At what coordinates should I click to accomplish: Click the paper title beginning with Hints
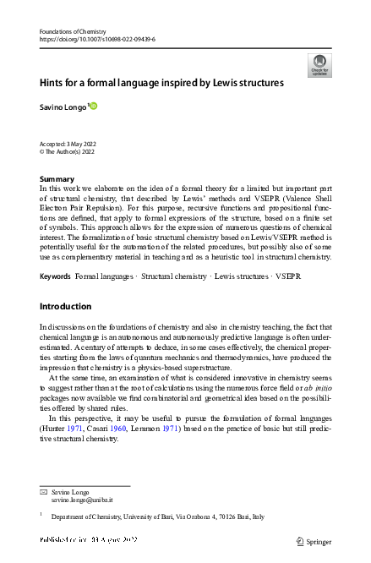tap(161, 83)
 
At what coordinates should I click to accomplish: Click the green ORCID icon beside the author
tap(93, 106)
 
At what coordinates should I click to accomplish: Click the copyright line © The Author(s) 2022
tap(72, 152)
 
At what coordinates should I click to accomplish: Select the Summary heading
tap(57, 179)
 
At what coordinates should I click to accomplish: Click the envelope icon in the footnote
tap(44, 491)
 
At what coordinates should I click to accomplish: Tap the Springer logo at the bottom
tap(314, 541)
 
